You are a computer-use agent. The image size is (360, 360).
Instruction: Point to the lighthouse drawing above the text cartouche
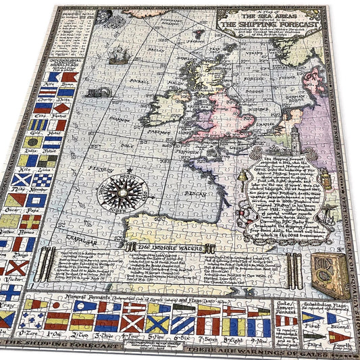click(306, 145)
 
